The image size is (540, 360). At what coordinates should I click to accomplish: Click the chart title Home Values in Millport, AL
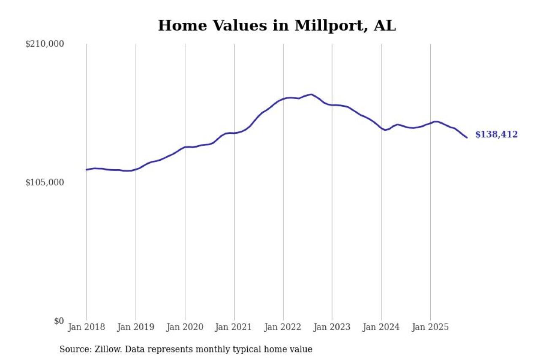click(x=277, y=26)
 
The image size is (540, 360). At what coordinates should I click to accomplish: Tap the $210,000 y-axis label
click(x=44, y=44)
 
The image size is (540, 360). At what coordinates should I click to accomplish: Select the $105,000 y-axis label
click(x=44, y=182)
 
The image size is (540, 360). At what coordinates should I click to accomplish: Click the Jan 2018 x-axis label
click(x=86, y=327)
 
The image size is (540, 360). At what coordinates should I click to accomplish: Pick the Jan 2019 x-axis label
click(x=135, y=327)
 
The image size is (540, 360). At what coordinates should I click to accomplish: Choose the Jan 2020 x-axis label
click(x=185, y=327)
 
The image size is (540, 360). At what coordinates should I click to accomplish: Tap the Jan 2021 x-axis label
click(x=234, y=327)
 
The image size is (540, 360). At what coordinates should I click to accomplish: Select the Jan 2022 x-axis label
click(x=283, y=327)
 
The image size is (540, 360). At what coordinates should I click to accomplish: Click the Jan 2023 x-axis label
click(x=332, y=327)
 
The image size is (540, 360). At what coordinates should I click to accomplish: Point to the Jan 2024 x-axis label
click(x=381, y=327)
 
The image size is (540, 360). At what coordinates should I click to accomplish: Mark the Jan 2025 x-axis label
click(x=430, y=327)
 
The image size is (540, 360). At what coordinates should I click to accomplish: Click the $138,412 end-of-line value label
click(x=497, y=135)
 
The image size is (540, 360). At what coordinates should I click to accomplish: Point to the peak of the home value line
click(x=311, y=94)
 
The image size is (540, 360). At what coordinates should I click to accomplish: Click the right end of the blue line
click(x=467, y=138)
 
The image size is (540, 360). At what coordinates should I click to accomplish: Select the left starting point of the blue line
click(x=86, y=170)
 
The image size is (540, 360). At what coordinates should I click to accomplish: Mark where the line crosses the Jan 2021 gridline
click(x=234, y=133)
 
